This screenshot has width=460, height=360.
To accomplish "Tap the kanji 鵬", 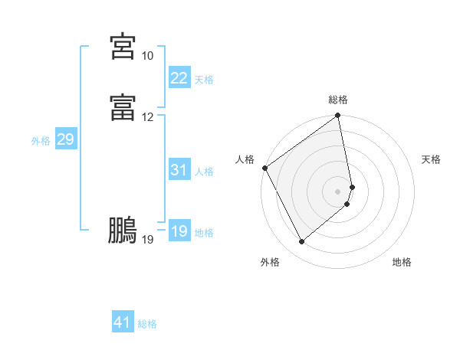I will click(x=123, y=230).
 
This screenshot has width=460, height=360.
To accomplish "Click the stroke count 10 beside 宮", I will click(x=147, y=56).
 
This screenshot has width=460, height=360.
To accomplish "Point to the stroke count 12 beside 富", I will click(x=147, y=117).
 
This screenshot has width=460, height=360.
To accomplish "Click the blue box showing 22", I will click(x=179, y=77).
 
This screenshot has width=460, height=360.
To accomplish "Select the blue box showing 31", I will click(x=179, y=170).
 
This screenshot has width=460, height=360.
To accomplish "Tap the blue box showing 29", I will click(x=65, y=139).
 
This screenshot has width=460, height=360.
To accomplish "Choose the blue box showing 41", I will click(x=123, y=322).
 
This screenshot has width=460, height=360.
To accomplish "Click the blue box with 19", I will click(x=179, y=231).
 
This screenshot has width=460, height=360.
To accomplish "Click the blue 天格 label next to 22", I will click(x=204, y=79).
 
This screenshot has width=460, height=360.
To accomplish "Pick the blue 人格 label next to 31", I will click(x=204, y=172).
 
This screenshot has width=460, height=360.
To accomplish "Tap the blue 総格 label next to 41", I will click(x=147, y=324).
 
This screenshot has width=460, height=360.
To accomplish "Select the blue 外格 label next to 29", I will click(x=41, y=141).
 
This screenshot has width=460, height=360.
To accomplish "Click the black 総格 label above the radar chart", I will click(x=338, y=100).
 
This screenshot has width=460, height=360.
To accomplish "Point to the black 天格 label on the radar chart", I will click(x=432, y=159).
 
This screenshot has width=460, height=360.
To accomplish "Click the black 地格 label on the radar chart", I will click(x=402, y=262).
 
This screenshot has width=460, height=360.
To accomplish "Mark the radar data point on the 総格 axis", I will click(x=338, y=116).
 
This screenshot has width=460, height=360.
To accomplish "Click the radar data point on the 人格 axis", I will click(x=264, y=168).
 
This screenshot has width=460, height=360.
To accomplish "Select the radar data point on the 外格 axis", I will click(x=301, y=242).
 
